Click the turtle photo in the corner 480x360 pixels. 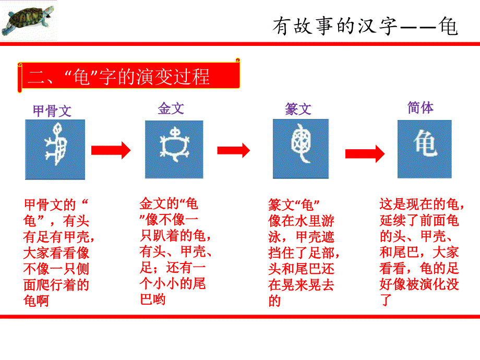[28, 20]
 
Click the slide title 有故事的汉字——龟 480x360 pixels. [365, 26]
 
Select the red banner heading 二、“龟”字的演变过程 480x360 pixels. [128, 76]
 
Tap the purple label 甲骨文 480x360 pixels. [52, 111]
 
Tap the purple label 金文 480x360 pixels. [171, 109]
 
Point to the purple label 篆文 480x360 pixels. [298, 109]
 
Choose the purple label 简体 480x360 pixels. [421, 108]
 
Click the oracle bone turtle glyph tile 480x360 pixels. [55, 149]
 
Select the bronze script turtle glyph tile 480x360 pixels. [174, 149]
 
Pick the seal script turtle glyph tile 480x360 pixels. [301, 149]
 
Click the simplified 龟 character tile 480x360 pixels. [425, 149]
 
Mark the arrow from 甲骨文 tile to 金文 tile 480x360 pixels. [111, 150]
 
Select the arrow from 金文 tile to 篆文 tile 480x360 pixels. [234, 150]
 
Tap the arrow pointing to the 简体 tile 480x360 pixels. [365, 154]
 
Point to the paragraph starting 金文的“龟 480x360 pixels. [176, 251]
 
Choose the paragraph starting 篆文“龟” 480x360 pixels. [304, 253]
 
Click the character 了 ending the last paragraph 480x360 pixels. [386, 300]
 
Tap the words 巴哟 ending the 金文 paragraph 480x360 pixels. [153, 299]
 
